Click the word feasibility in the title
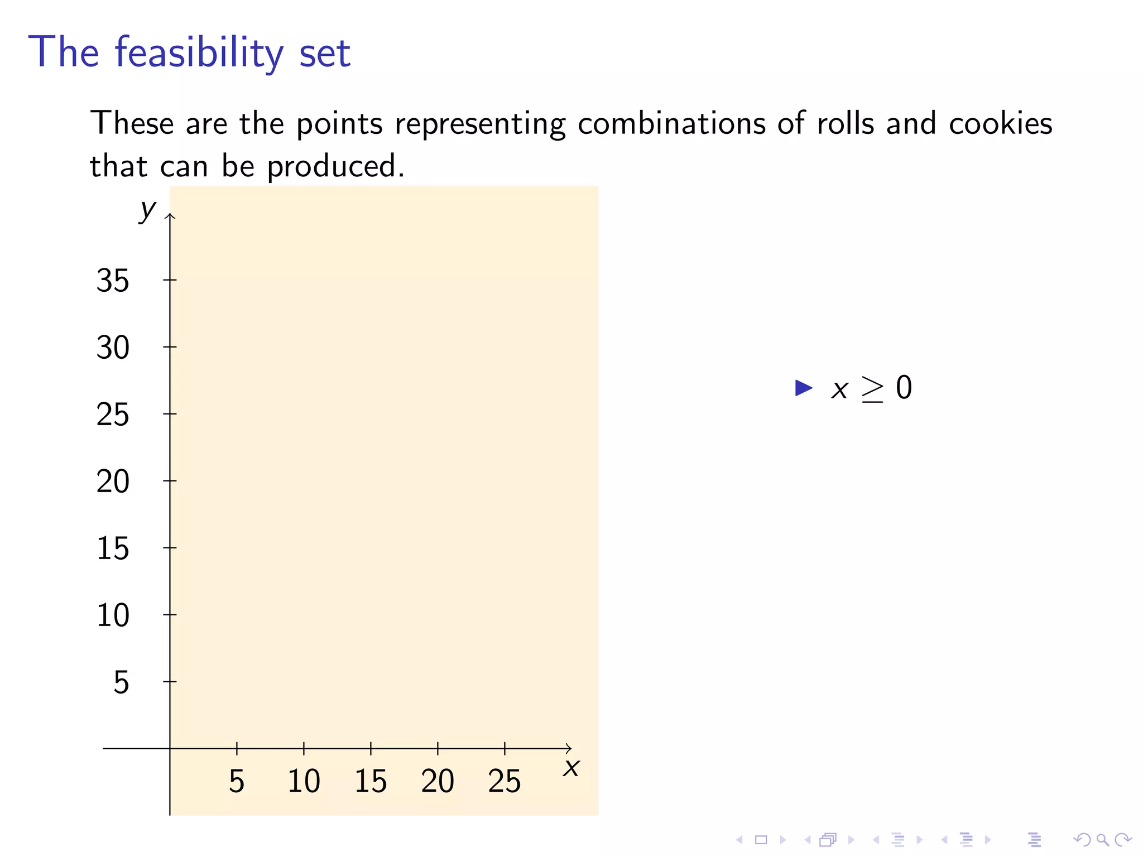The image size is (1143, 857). click(199, 52)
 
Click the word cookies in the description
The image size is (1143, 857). click(1000, 123)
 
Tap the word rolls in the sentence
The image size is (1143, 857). click(845, 123)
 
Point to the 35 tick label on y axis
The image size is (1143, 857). click(113, 280)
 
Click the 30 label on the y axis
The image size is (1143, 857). click(113, 347)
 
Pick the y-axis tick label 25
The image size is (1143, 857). click(113, 414)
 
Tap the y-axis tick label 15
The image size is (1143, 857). click(113, 548)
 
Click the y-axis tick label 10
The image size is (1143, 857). click(113, 615)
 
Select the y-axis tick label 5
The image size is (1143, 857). click(121, 682)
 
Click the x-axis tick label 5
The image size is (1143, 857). click(237, 781)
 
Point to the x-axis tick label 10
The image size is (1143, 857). click(304, 781)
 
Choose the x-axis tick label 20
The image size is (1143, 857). click(438, 781)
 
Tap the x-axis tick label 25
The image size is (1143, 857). click(505, 781)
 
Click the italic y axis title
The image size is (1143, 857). click(148, 210)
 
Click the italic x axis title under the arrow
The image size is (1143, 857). click(571, 768)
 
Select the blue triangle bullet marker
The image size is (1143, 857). click(803, 388)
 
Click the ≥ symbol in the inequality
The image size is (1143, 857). click(872, 389)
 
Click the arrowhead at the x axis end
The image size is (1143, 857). click(569, 748)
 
